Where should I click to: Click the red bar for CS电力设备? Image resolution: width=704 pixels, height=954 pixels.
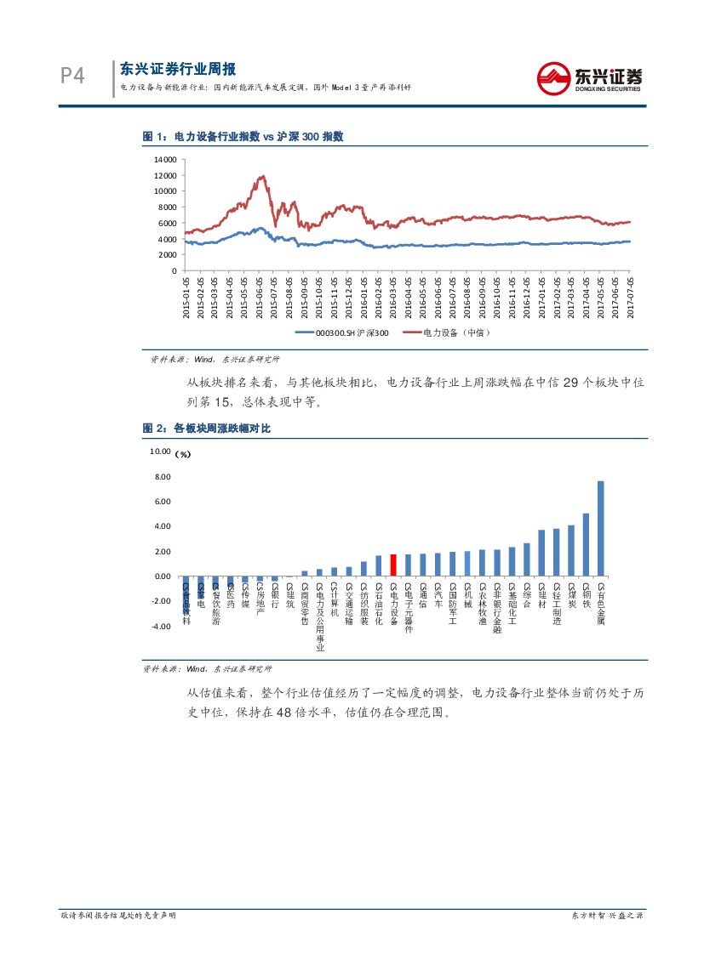tap(393, 565)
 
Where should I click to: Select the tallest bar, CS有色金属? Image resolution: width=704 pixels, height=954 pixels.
tap(601, 529)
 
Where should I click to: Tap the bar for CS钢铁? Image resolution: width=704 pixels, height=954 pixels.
tap(586, 545)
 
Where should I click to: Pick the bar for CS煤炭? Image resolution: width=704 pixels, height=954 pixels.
tap(571, 551)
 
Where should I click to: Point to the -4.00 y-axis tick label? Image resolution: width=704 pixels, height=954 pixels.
tap(161, 627)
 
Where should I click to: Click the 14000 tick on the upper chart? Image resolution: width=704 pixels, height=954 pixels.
tap(165, 159)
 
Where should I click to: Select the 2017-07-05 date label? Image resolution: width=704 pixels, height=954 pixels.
tap(631, 296)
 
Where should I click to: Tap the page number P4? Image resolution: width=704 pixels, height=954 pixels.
tap(72, 77)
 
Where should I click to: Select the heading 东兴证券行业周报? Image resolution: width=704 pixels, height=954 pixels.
tap(177, 70)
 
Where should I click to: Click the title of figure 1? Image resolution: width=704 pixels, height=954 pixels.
tap(243, 137)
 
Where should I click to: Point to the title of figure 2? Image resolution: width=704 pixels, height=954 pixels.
tap(206, 429)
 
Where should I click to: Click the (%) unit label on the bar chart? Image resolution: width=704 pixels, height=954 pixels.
tap(183, 454)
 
